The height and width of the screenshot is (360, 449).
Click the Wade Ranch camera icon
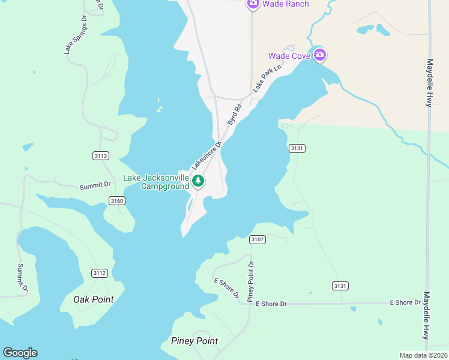tap(253, 4)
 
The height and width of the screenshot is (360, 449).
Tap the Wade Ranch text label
tap(286, 4)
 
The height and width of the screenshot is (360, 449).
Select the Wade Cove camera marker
tap(320, 56)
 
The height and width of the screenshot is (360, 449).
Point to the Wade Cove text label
tap(289, 56)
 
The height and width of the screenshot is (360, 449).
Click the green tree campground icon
tap(199, 180)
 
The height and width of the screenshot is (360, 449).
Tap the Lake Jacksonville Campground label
tap(156, 182)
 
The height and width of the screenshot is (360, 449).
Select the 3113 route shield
tap(101, 156)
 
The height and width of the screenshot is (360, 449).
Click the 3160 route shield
tap(116, 200)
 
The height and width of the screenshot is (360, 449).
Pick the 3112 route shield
tap(100, 273)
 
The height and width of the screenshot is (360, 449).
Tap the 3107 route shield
tap(258, 240)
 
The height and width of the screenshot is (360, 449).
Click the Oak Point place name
tap(93, 299)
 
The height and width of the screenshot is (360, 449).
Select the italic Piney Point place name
tap(194, 341)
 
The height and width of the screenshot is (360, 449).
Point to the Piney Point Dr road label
tap(252, 281)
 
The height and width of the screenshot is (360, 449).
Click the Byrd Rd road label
tap(234, 115)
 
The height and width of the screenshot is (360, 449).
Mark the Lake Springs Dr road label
tap(76, 35)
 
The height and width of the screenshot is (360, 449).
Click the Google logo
tap(20, 353)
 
